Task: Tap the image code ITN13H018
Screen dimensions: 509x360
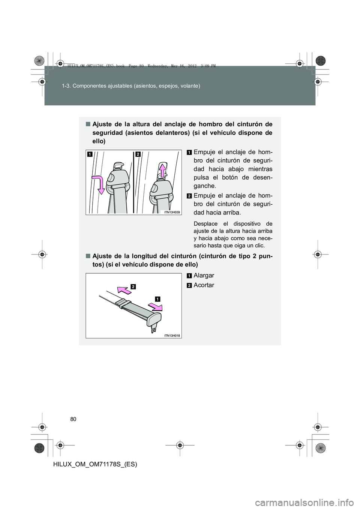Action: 172,336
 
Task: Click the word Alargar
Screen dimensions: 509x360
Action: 204,275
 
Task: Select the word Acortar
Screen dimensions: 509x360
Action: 204,285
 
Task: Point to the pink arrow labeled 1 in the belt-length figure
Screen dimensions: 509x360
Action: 155,307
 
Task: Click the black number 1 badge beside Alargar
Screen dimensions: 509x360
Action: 189,276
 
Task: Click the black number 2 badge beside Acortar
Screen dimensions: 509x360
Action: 189,286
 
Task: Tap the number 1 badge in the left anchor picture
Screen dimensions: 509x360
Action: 90,154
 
